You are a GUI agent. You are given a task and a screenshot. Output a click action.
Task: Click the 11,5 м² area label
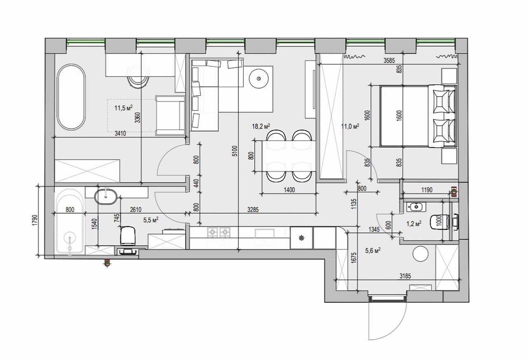click(x=123, y=108)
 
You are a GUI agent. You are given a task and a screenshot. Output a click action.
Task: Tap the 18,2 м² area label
click(x=261, y=126)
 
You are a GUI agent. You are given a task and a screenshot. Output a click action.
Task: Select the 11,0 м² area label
click(x=350, y=126)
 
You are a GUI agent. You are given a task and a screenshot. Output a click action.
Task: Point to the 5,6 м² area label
click(x=373, y=251)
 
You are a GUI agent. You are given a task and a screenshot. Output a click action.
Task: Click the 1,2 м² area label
click(x=414, y=223)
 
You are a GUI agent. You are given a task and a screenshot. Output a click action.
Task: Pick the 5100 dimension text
click(x=235, y=151)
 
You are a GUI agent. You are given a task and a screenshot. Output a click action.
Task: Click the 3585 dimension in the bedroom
click(x=389, y=60)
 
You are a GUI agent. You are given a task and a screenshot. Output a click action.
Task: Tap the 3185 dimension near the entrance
click(x=405, y=276)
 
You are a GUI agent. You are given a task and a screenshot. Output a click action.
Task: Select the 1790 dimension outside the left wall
click(x=35, y=221)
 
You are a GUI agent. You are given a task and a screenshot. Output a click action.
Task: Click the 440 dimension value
click(x=197, y=183)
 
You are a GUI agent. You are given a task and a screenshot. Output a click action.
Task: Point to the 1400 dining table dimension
click(x=289, y=190)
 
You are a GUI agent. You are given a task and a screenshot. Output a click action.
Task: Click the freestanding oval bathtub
click(x=71, y=97)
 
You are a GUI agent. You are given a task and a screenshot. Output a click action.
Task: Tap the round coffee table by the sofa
click(x=259, y=79)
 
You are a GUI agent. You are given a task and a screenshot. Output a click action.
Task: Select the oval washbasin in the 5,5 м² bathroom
click(x=106, y=197)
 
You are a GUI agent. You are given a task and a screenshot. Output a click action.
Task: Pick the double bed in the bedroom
click(x=418, y=116)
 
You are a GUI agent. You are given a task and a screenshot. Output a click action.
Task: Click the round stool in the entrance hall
click(x=420, y=254)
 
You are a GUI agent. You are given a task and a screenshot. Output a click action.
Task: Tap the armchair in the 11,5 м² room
click(x=170, y=116)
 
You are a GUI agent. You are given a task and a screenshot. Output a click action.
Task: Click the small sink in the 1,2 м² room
click(x=416, y=207)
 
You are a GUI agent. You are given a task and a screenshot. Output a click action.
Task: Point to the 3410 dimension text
click(x=120, y=134)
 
